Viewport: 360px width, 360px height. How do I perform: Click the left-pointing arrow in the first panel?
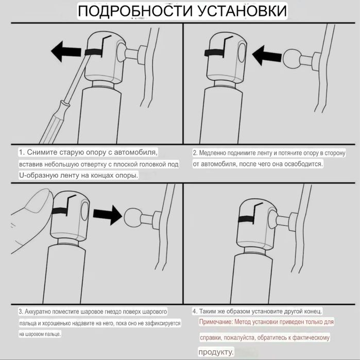click(x=66, y=51)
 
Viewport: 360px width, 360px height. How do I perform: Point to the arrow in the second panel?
click(x=267, y=55)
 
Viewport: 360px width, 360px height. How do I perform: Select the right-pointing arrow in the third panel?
click(x=108, y=215)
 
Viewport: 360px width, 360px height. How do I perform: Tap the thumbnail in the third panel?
click(x=40, y=200)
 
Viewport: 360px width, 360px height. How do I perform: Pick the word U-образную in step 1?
click(x=38, y=176)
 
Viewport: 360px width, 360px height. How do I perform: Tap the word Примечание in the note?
click(x=216, y=322)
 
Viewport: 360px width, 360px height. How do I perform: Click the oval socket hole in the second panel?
click(x=242, y=53)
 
